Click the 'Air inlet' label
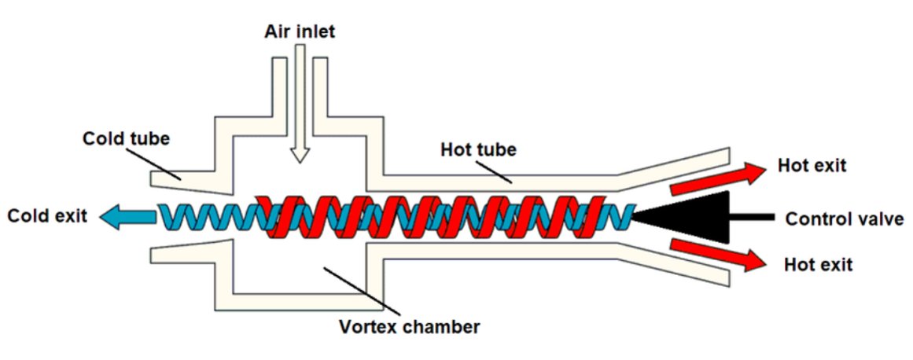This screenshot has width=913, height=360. click(299, 31)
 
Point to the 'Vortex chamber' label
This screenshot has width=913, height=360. click(410, 325)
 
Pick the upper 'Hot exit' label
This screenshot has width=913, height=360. click(810, 166)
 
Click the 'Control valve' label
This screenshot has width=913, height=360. click(844, 219)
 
